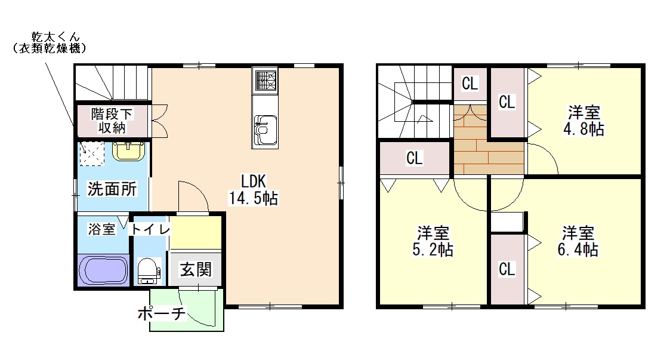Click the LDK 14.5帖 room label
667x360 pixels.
254,190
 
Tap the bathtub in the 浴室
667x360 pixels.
103,270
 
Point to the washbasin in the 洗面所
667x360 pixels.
128,151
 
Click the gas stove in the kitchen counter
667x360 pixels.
265,81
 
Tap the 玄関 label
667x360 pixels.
196,269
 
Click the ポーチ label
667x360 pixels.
162,313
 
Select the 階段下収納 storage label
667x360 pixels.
112,121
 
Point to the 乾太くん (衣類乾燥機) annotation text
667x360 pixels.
50,42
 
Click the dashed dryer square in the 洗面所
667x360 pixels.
92,153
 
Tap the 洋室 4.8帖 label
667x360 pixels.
583,121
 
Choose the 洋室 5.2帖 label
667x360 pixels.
433,241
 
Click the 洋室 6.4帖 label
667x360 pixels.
578,241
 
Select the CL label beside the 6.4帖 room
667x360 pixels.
507,269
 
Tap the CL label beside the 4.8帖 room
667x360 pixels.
507,101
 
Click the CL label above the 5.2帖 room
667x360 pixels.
414,158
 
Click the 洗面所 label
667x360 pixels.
112,189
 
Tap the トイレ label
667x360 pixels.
150,229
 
